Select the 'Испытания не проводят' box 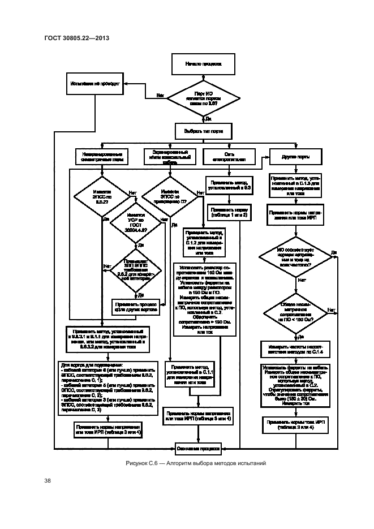coord(95,83)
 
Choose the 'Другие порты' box coord(295,156)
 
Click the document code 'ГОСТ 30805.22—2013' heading coord(76,38)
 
